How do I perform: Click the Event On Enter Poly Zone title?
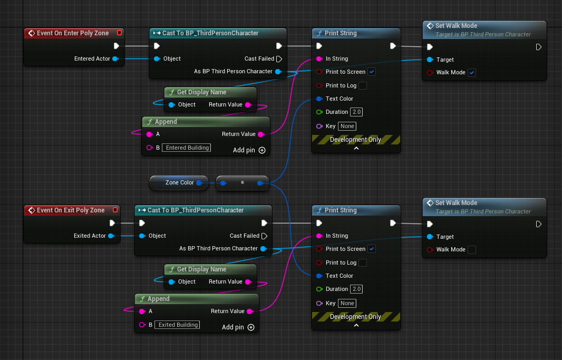(72, 33)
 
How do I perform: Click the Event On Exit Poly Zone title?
(70, 210)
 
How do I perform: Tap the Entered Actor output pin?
(115, 59)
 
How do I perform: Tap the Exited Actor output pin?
(111, 236)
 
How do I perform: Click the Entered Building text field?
(187, 148)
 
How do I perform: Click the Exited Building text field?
(179, 325)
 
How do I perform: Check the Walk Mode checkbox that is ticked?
(472, 73)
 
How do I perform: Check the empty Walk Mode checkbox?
(472, 250)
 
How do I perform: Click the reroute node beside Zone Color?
(243, 183)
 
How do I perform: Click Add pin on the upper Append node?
(249, 150)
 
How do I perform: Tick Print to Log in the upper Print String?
(362, 86)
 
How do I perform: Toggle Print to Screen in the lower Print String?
(372, 249)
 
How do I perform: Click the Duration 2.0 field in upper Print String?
(357, 112)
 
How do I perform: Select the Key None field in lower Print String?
(347, 303)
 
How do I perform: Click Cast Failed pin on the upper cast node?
(279, 59)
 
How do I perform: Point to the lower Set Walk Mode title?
(456, 203)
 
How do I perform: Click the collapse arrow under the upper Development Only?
(356, 149)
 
